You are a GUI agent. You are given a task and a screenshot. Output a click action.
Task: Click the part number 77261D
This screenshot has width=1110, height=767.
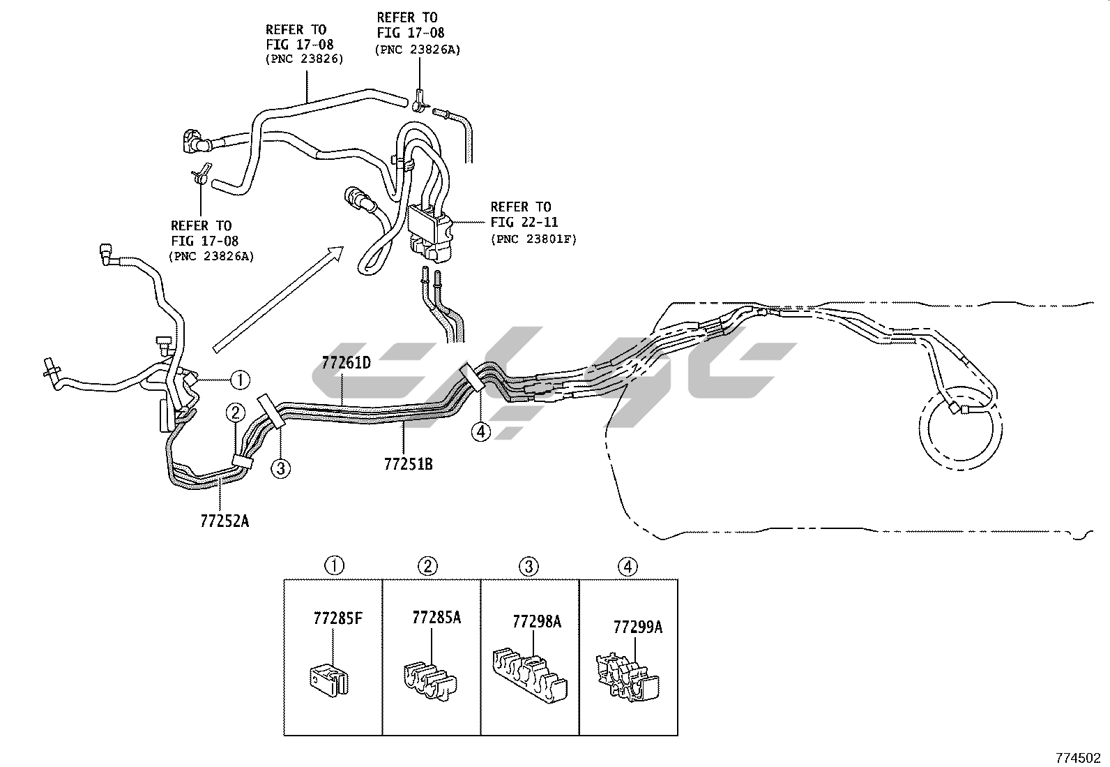[346, 363]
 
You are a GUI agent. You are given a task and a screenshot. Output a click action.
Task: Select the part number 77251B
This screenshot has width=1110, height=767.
[408, 463]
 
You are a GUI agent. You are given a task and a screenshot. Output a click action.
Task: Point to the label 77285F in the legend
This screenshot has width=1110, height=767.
[337, 618]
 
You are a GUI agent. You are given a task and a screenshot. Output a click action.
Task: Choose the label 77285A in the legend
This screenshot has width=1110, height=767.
[436, 617]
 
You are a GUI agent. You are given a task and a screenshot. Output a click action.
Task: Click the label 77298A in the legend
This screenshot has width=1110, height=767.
[536, 621]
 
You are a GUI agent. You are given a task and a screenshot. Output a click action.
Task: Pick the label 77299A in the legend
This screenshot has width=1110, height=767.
[637, 627]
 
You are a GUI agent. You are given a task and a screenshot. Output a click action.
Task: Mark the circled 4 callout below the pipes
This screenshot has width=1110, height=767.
[480, 432]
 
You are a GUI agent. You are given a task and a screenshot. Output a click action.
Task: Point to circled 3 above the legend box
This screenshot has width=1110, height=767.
[529, 566]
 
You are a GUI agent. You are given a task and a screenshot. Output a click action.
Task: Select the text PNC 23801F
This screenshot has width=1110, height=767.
[534, 239]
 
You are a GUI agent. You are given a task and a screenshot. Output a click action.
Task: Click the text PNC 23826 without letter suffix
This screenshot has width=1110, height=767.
[304, 59]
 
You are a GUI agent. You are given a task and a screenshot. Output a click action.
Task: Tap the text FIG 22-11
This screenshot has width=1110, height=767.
[520, 223]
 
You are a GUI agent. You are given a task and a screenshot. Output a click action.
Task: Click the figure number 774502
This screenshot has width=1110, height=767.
[1079, 757]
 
